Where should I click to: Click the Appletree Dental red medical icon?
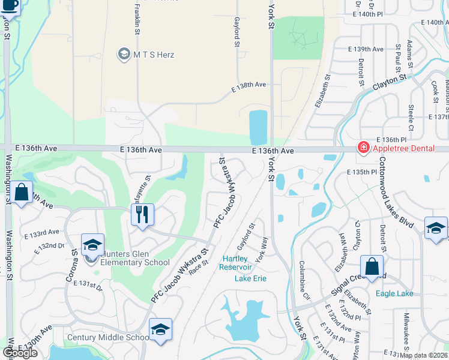coord(363,147)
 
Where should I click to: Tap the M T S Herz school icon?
coord(124,55)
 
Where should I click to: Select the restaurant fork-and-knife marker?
coord(142,214)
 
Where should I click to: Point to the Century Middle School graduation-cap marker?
coord(160,330)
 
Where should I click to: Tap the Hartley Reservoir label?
coord(238,263)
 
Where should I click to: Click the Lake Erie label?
coord(250,278)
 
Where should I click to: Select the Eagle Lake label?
coord(394,293)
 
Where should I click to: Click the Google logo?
coord(20,353)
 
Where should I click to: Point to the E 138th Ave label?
coord(249,86)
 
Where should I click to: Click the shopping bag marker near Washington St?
coord(22,193)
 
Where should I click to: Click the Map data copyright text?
coord(423,355)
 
